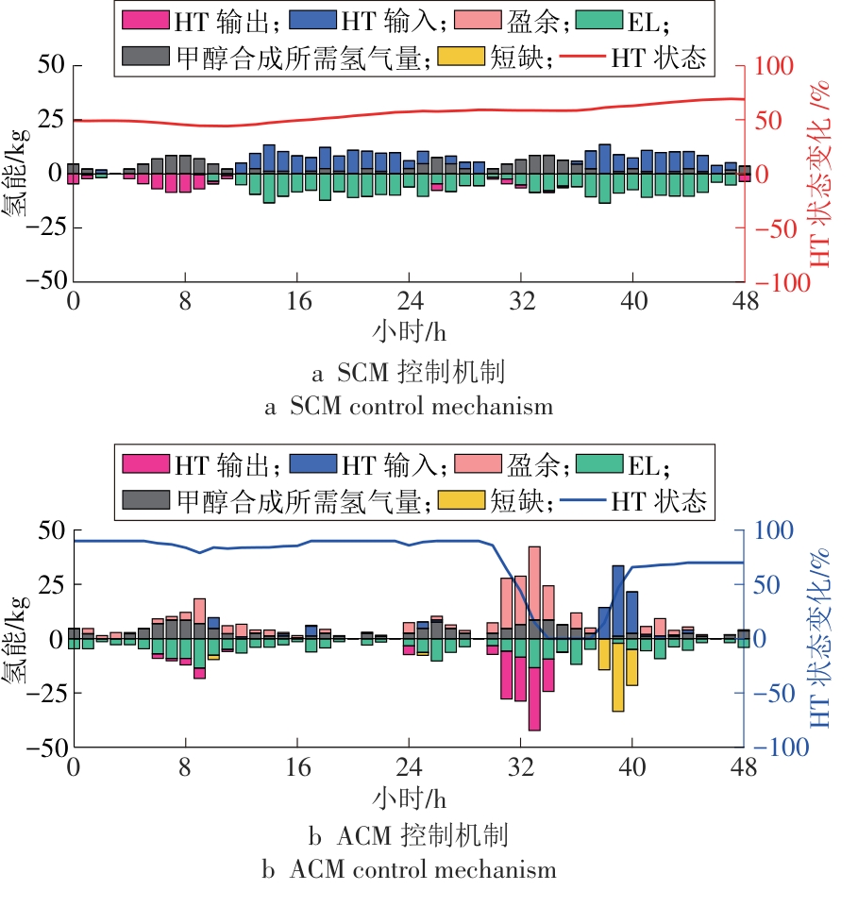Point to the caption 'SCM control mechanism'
(409, 407)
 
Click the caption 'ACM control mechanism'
(409, 867)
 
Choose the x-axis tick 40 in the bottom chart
(632, 765)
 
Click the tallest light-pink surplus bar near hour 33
(534, 585)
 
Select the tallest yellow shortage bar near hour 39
(618, 677)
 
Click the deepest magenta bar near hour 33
(534, 698)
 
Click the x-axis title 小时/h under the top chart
(408, 332)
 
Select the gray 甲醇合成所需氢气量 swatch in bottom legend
(144, 500)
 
